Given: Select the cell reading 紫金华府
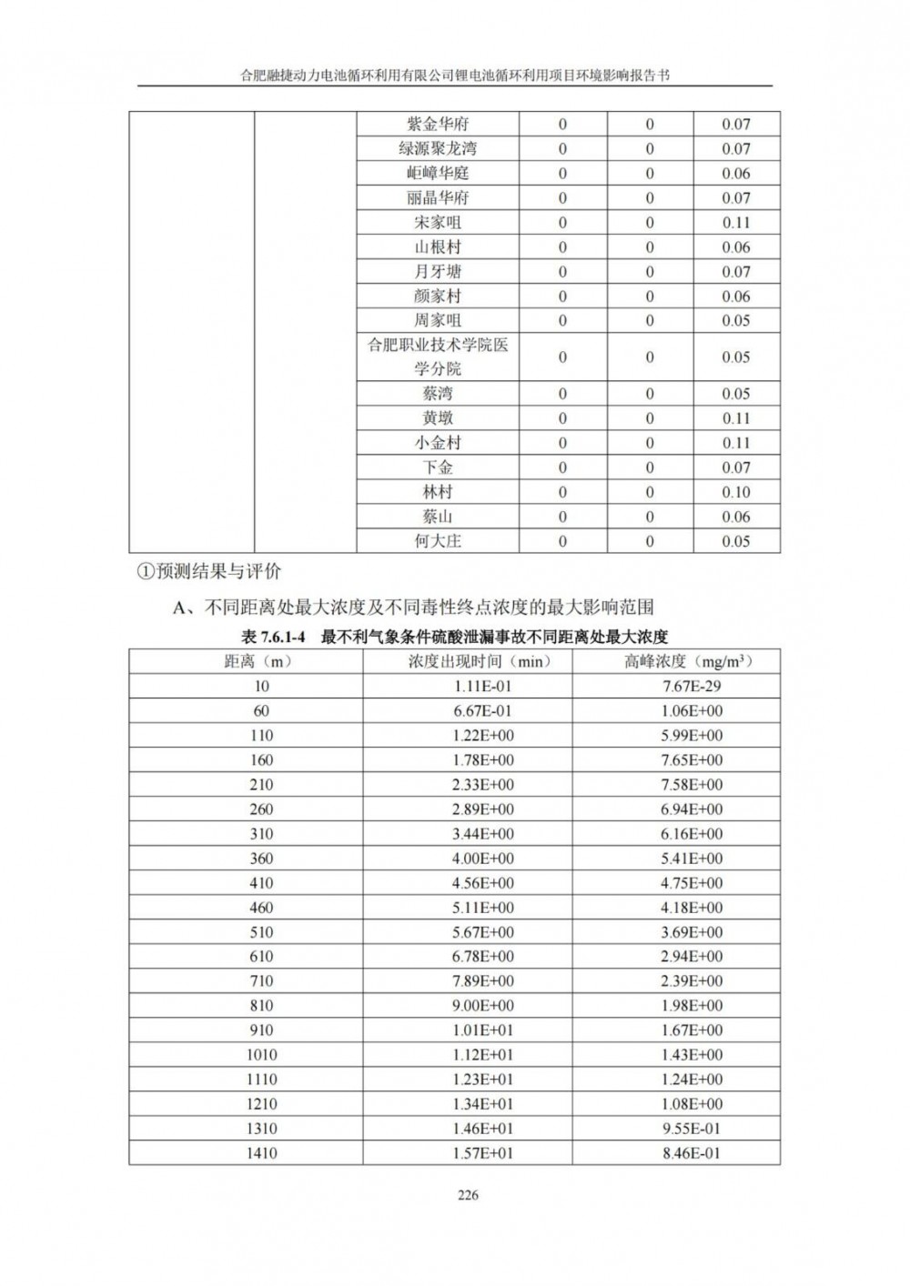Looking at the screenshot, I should pos(438,125).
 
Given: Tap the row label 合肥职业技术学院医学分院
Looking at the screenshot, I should pos(438,357).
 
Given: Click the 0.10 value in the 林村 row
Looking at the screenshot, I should pos(735,492).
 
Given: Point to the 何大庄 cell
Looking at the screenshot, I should pos(438,541).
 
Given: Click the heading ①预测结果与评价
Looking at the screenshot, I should pos(208,572).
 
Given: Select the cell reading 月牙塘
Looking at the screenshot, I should pos(438,272).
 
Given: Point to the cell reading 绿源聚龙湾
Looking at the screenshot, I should pos(438,149).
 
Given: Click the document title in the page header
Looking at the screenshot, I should pos(454,77).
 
